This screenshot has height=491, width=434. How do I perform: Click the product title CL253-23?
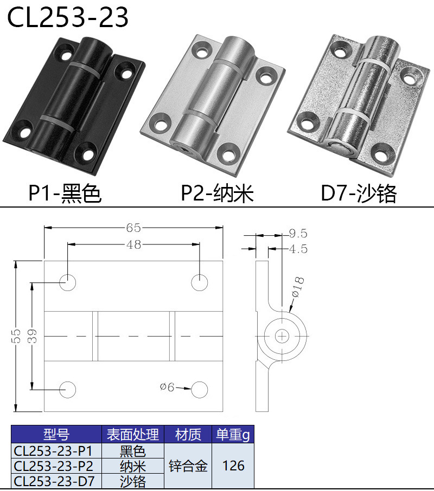(68, 17)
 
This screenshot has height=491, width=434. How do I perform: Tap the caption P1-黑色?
(65, 193)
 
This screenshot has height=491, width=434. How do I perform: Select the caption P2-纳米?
(217, 193)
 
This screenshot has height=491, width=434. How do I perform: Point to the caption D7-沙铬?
(359, 193)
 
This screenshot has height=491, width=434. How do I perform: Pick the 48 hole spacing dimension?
(133, 244)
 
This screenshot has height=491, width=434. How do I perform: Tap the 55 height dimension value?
(17, 336)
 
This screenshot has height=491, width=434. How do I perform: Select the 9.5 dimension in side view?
(298, 234)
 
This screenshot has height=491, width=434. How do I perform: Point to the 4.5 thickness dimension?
(298, 249)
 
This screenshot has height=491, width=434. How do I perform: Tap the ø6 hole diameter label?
(167, 387)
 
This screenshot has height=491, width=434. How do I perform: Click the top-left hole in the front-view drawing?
(68, 282)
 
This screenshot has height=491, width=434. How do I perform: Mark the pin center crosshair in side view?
(282, 336)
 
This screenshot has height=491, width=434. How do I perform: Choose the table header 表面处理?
(133, 434)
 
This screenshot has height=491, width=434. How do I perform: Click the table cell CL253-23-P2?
(54, 466)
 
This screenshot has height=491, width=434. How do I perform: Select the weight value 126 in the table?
(233, 466)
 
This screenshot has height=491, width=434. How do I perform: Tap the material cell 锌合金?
(188, 466)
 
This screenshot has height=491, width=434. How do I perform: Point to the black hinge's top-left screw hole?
(67, 55)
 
